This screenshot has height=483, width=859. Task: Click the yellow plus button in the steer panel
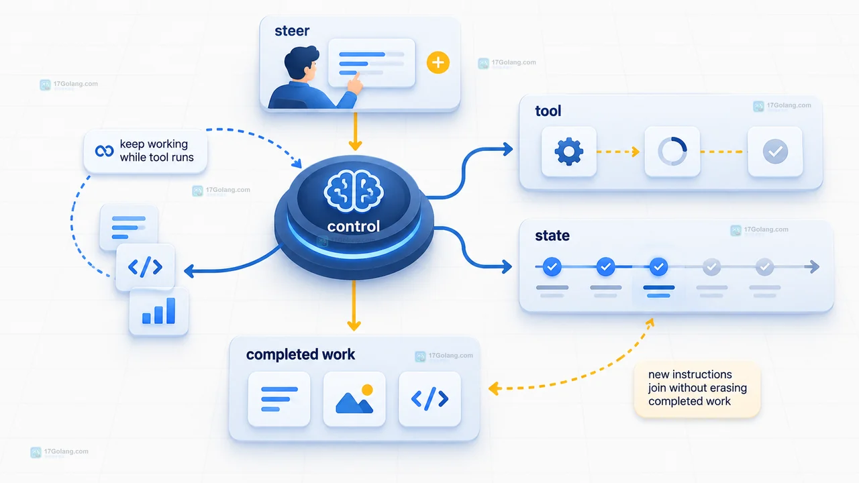tap(438, 62)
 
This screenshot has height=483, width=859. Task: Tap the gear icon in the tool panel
tap(568, 152)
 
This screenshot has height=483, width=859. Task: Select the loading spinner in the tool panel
tap(672, 152)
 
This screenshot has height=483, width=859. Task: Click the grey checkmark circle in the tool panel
tap(775, 152)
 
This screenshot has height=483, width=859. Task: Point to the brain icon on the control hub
tap(353, 191)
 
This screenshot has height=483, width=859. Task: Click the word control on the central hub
tap(353, 226)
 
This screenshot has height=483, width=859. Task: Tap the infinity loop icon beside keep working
tap(104, 151)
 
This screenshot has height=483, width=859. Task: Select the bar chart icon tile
tap(159, 311)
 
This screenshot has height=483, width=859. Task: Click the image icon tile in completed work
tap(354, 398)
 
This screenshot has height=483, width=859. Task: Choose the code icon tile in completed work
tap(429, 398)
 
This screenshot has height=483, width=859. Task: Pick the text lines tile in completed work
tap(279, 398)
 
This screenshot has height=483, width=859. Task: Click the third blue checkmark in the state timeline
tap(658, 267)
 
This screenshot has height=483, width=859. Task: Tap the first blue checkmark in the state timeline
tap(552, 267)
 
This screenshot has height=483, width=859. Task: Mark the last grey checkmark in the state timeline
tap(764, 267)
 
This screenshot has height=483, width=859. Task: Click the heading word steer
tap(292, 31)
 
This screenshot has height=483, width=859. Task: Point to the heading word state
tap(552, 235)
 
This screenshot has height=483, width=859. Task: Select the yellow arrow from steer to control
tap(355, 131)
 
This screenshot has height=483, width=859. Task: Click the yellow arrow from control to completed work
tap(354, 305)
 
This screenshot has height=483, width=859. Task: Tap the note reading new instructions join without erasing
tap(697, 388)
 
